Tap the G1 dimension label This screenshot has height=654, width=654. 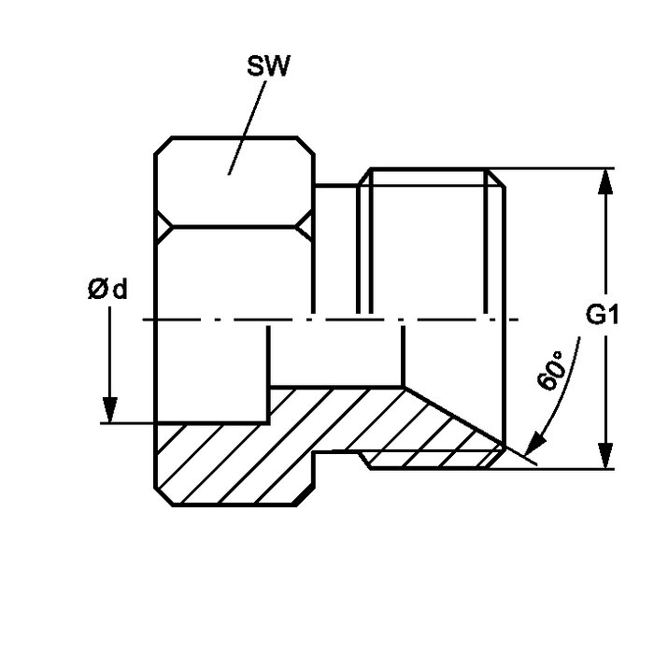pos(604,316)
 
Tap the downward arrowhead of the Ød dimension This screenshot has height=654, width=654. pos(110,411)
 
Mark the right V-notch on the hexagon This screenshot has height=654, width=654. pos(306,225)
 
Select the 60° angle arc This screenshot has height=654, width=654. pos(570,392)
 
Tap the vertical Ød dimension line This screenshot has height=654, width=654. pos(110,355)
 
